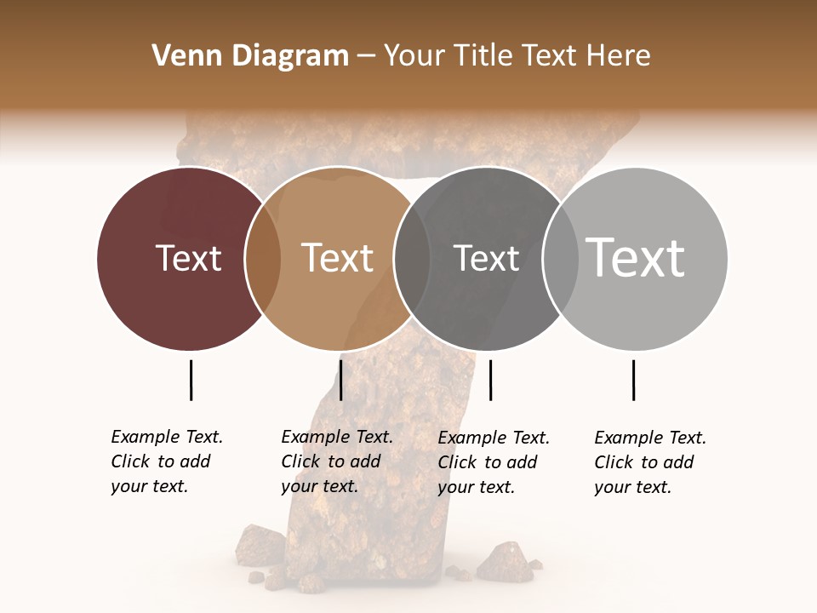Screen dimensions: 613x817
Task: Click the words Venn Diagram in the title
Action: tap(250, 56)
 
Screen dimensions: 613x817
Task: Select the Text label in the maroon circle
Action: tap(188, 258)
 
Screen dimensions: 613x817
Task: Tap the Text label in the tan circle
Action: tap(337, 258)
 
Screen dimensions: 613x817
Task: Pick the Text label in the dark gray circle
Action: tap(486, 258)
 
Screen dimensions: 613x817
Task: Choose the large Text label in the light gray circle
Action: tap(635, 257)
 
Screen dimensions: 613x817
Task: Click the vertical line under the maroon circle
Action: tap(191, 380)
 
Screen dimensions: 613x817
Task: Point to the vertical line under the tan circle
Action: tap(340, 380)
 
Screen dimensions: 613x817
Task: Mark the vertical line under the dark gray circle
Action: tap(490, 380)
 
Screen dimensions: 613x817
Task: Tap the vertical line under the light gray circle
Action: tap(633, 380)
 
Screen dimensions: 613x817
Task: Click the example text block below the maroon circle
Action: tap(166, 461)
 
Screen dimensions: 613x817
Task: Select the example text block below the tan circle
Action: tap(336, 461)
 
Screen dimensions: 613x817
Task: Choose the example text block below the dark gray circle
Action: tap(493, 462)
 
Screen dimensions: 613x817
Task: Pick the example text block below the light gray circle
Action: tap(649, 462)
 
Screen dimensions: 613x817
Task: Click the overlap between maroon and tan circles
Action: tap(263, 259)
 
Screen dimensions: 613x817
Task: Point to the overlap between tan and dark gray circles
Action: tap(412, 259)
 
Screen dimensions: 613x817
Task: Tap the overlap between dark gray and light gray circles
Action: tap(557, 259)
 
